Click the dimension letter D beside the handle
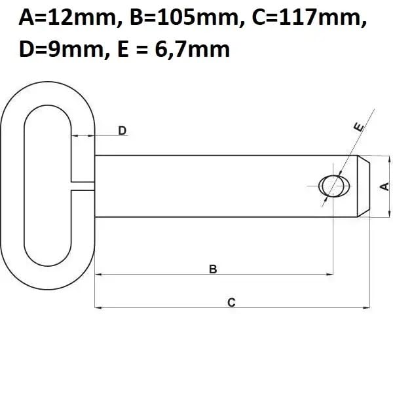(122, 131)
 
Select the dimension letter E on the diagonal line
(358, 128)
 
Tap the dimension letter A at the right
(384, 186)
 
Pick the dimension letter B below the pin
(213, 269)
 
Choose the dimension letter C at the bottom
(231, 302)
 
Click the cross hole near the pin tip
(332, 186)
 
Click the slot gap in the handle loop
(82, 186)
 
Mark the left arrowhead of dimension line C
(99, 307)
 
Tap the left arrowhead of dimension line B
(99, 275)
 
